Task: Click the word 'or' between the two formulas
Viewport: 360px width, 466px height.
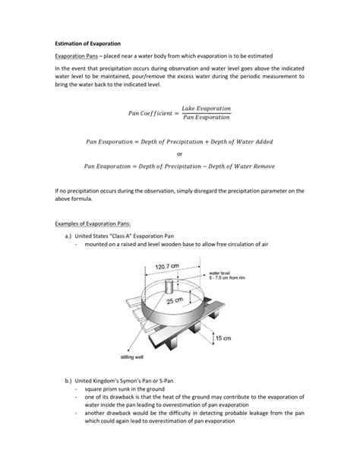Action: click(x=179, y=153)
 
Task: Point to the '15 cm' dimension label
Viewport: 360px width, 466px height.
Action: click(x=223, y=337)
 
